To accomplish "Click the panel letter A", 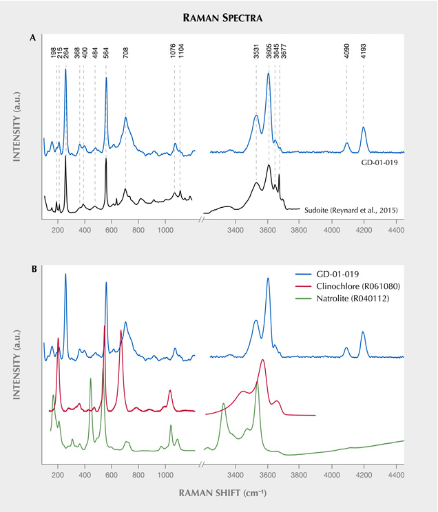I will pyautogui.click(x=32, y=39).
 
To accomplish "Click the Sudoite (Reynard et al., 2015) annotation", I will pyautogui.click(x=351, y=209).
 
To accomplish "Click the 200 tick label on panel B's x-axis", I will pyautogui.click(x=59, y=475).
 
